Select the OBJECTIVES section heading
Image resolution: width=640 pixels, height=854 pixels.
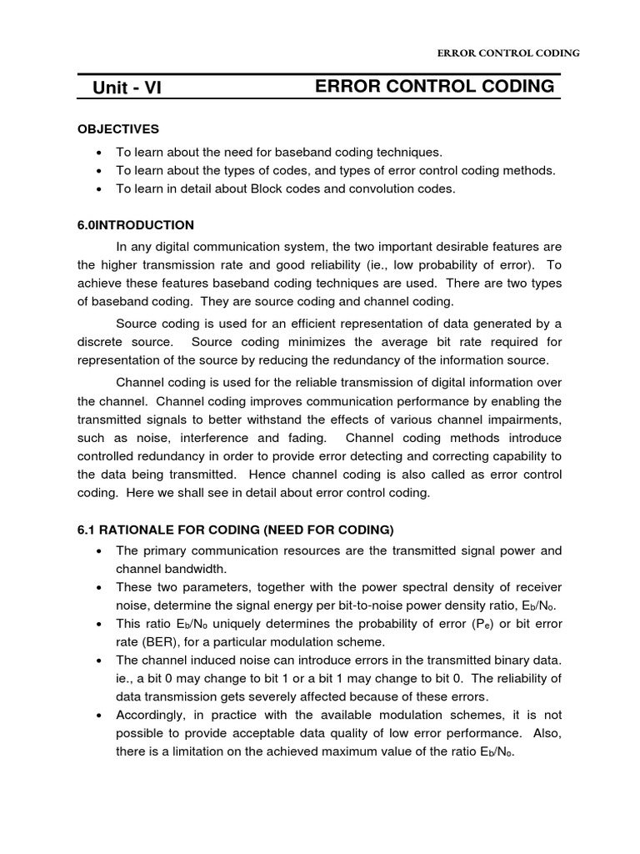[118, 129]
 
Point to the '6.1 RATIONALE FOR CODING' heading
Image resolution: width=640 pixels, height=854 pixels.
[235, 530]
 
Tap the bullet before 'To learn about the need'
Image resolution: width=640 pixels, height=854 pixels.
[100, 152]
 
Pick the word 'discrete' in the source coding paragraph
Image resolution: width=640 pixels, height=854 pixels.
[102, 342]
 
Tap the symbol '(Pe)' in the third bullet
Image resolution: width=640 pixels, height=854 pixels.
[456, 624]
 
